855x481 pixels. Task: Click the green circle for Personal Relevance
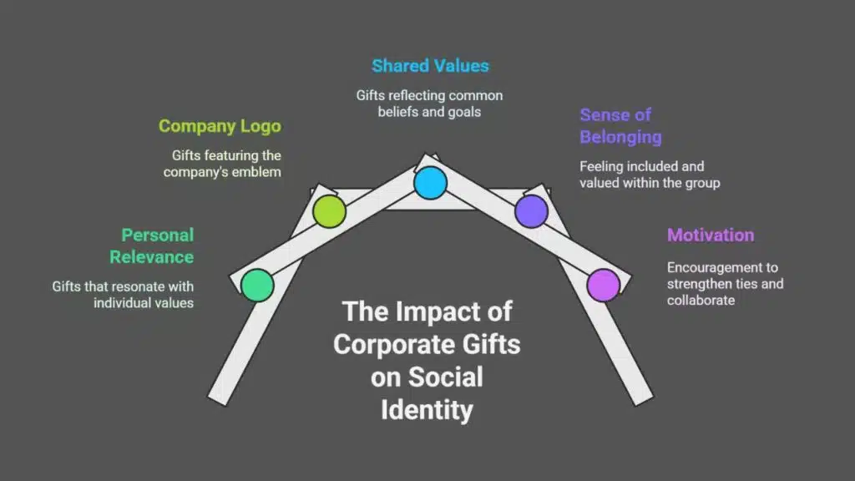(x=257, y=286)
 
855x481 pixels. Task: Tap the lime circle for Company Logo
(x=329, y=211)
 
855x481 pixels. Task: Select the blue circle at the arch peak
(x=430, y=182)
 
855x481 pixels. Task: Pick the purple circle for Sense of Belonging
(x=531, y=210)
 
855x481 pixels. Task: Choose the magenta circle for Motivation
(x=603, y=285)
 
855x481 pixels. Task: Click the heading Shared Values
(x=430, y=65)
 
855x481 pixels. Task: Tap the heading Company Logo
(x=220, y=126)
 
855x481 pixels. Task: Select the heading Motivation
(x=711, y=235)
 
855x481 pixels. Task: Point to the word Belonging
(x=620, y=136)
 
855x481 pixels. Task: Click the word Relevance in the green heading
(x=152, y=256)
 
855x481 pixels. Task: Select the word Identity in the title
(x=427, y=410)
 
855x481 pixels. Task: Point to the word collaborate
(x=701, y=300)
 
